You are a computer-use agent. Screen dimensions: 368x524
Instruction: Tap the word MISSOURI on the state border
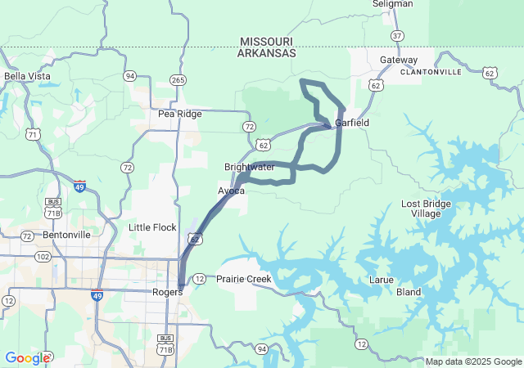click(267, 41)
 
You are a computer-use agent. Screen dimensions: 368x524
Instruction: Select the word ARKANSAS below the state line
click(266, 53)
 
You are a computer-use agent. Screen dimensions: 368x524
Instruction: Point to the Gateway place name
click(399, 60)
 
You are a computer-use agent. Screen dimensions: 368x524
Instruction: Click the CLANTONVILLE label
click(431, 72)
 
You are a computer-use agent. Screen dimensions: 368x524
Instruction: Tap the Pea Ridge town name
click(179, 114)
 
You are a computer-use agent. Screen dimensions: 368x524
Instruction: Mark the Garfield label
click(352, 123)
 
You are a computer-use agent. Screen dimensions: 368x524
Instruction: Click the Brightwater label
click(250, 167)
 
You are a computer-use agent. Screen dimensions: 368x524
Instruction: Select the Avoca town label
click(231, 191)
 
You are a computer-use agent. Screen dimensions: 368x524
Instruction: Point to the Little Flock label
click(152, 227)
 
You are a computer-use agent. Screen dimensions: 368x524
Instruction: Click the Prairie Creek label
click(243, 279)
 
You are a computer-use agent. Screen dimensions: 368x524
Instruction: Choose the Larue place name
click(382, 280)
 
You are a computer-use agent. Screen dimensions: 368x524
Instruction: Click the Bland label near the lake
click(409, 292)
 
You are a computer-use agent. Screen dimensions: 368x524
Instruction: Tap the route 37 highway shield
click(397, 36)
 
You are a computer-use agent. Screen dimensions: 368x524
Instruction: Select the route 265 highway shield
click(178, 79)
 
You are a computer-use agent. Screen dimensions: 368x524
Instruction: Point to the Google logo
click(27, 357)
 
